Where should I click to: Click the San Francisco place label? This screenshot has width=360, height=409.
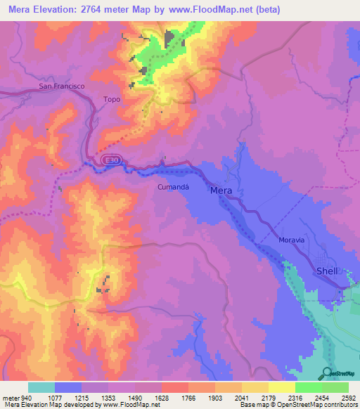point(61,86)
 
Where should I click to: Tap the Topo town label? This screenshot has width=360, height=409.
point(112,100)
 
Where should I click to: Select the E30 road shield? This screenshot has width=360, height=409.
point(109,161)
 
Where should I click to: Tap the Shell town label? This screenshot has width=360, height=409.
point(328,271)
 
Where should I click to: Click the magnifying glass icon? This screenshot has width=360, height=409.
point(328,374)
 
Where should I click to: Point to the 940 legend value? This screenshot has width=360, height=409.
point(27,398)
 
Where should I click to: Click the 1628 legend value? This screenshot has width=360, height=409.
point(162,398)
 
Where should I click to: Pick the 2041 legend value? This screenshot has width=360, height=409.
point(242,398)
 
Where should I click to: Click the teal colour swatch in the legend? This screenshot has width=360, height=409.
point(41,387)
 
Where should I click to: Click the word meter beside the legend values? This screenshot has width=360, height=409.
point(11,398)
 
